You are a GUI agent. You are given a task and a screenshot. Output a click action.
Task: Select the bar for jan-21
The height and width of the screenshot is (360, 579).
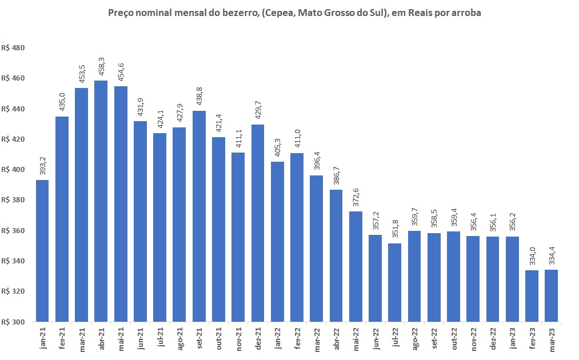(42, 251)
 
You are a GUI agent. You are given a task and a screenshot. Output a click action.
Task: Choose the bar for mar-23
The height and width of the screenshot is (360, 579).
(551, 296)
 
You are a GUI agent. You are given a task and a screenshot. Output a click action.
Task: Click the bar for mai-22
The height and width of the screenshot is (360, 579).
(356, 266)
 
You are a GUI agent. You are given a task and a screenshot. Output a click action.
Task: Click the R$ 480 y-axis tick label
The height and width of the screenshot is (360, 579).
(13, 48)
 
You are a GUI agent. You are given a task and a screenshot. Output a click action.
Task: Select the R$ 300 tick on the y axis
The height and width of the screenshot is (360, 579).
(13, 322)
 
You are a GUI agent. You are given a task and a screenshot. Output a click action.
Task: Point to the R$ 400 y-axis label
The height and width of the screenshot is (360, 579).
(13, 170)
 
